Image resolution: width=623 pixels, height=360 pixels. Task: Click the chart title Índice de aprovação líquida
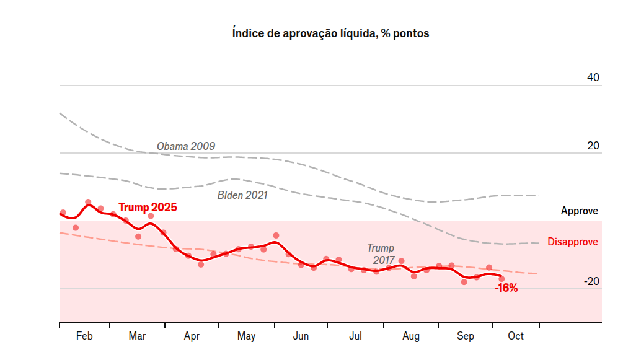pos(330,33)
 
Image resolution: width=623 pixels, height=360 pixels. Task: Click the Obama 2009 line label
pos(186,146)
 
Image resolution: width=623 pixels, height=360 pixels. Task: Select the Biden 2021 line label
pos(242,195)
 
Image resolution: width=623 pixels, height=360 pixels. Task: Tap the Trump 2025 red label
pos(148,207)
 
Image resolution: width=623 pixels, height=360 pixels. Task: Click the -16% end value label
pos(506,288)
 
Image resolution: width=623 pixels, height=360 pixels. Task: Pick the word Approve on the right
pos(579,211)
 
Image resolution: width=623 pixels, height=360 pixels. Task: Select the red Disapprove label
pos(572,242)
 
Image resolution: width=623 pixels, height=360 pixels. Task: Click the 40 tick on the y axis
pos(593,78)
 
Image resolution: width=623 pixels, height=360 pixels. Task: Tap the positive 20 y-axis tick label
pos(593,146)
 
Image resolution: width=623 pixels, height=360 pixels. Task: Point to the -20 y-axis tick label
pos(591,281)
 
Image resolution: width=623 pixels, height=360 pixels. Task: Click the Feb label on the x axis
pos(84,336)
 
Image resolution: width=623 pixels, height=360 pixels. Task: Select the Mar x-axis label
pos(137,336)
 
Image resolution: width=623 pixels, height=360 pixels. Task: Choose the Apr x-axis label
pos(192,336)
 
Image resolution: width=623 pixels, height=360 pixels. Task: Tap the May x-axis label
pos(246,336)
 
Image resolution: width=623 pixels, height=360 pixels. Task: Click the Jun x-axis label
pos(301,336)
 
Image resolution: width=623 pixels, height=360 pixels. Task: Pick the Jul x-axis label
pos(356,336)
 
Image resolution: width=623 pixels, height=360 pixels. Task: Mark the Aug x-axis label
pos(410,336)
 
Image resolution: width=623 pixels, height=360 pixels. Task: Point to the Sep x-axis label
pos(466,336)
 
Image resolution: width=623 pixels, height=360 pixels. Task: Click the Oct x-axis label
pos(516,336)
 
